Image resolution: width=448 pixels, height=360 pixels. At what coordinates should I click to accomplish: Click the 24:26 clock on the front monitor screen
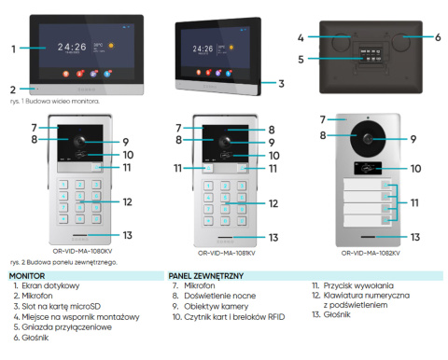(72, 44)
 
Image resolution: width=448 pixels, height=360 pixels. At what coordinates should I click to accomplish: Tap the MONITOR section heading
(28, 276)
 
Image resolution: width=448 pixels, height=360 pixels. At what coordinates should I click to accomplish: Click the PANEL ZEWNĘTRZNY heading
(207, 276)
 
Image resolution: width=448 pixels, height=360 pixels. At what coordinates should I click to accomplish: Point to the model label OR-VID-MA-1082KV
(371, 252)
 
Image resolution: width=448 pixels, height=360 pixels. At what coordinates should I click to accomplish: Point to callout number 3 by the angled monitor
(281, 82)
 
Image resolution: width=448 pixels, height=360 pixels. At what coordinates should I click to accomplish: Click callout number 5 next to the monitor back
(301, 59)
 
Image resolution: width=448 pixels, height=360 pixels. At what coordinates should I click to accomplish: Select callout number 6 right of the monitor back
(437, 37)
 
